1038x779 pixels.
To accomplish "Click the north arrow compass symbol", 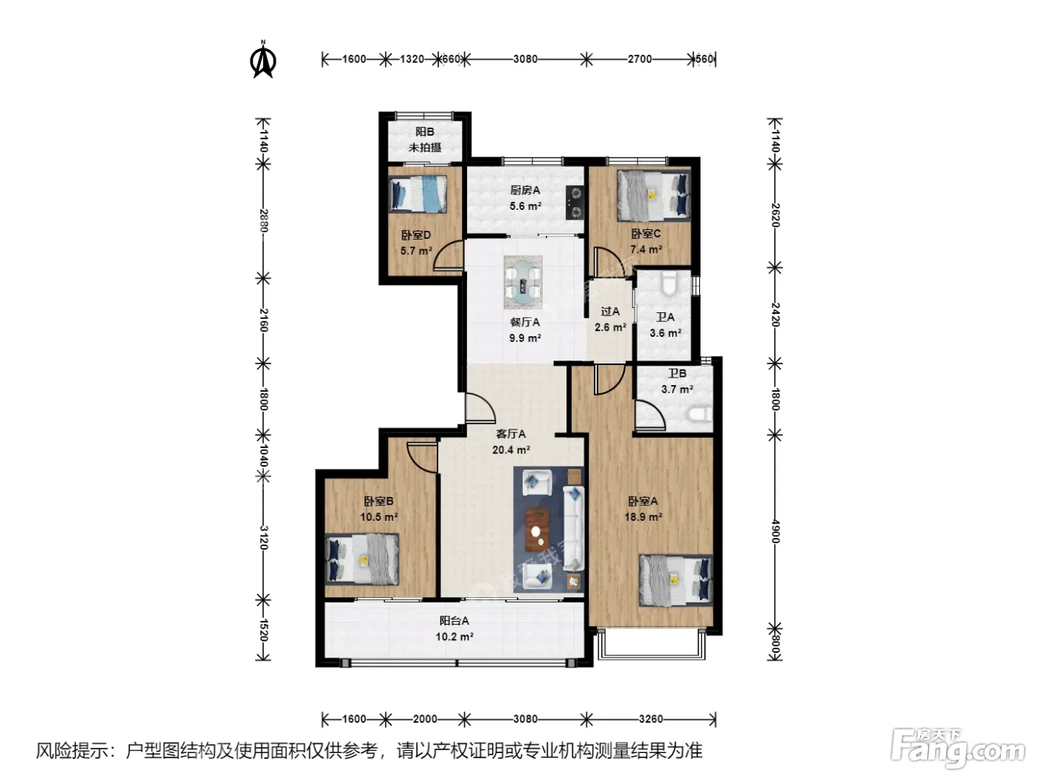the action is [x=263, y=59].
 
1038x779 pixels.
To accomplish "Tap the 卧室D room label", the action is [x=416, y=235].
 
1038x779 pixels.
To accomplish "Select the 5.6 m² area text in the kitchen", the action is [x=525, y=206].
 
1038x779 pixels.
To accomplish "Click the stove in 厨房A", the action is [x=575, y=202].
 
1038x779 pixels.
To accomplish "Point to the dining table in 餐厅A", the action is [x=523, y=283].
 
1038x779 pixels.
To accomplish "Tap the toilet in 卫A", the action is [x=670, y=283].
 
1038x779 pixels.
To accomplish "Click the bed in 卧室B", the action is [x=362, y=559].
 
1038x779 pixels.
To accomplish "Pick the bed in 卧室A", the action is [x=675, y=580].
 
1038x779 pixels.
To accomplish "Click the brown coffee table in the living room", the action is [x=538, y=530].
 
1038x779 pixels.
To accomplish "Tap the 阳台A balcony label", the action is [x=454, y=620].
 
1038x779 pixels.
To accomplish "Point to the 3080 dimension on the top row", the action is [x=526, y=59].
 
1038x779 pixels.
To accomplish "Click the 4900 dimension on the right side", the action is [x=775, y=531].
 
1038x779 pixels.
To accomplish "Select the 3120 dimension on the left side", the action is [x=264, y=538].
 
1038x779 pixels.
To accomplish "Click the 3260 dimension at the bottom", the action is [x=651, y=720].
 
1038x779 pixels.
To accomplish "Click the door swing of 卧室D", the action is [x=448, y=255].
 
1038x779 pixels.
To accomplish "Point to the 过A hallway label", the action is [x=610, y=312].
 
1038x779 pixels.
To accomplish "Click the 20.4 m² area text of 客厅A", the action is [x=511, y=450].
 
